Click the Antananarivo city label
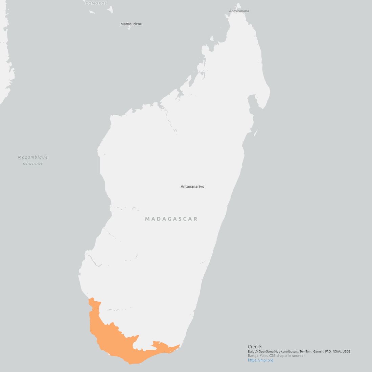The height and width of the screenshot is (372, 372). pyautogui.click(x=192, y=187)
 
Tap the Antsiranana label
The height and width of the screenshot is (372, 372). pyautogui.click(x=239, y=11)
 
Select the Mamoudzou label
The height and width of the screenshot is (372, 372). pyautogui.click(x=131, y=24)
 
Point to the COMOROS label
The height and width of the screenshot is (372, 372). pyautogui.click(x=96, y=3)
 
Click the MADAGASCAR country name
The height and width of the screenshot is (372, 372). pyautogui.click(x=171, y=219)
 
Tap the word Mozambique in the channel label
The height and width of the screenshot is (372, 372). pyautogui.click(x=33, y=157)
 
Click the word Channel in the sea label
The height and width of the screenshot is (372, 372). pyautogui.click(x=33, y=164)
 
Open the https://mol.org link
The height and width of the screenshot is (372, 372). pyautogui.click(x=260, y=360)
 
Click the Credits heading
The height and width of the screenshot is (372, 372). pyautogui.click(x=255, y=347)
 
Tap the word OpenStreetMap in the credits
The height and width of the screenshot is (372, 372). pyautogui.click(x=270, y=352)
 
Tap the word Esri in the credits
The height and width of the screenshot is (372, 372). pyautogui.click(x=251, y=352)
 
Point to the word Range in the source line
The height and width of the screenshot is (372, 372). pyautogui.click(x=253, y=356)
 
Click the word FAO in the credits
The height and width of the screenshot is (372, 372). pyautogui.click(x=328, y=352)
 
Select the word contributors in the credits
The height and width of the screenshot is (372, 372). pyautogui.click(x=289, y=352)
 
